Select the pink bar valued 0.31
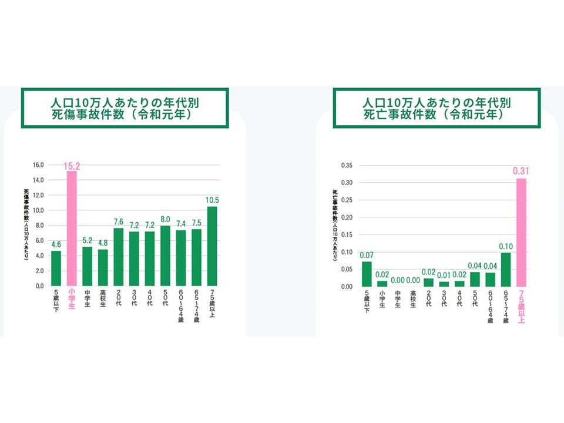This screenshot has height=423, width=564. coord(521,232)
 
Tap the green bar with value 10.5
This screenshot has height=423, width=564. coord(211,246)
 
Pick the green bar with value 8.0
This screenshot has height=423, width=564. coord(165,256)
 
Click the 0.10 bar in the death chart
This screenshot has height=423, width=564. coord(505,269)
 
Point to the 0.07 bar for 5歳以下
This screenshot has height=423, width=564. coord(367,274)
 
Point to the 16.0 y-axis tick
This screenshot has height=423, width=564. coord(38,164)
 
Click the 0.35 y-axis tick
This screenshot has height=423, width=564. coord(347,165)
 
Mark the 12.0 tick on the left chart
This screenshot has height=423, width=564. coord(38,195)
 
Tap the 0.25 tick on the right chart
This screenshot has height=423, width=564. coord(347,200)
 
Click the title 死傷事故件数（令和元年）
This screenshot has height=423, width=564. coord(125,115)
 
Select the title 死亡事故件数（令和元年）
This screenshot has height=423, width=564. coord(437,115)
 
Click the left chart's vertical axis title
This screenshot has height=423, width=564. coord(27,226)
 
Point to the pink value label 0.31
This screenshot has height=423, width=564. coord(521,170)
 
